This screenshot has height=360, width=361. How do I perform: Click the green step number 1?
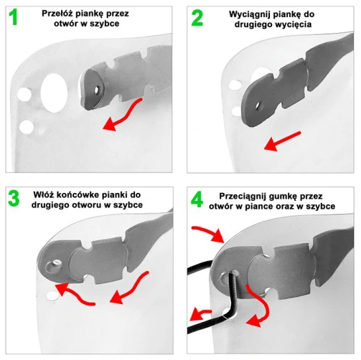tap(13, 17)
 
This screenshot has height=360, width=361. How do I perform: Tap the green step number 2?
tap(197, 18)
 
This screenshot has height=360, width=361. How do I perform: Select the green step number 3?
tap(14, 198)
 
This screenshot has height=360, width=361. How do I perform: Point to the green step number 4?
tap(197, 199)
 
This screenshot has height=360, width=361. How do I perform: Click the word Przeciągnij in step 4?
tap(243, 196)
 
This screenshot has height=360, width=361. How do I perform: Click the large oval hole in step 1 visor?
tap(54, 93)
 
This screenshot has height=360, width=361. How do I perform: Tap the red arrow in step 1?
tap(122, 115)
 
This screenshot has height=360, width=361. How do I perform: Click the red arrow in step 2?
tap(282, 141)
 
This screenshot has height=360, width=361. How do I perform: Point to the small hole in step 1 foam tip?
tap(97, 90)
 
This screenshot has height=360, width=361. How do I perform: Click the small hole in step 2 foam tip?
tap(258, 105)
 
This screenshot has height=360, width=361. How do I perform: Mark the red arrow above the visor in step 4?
tap(209, 232)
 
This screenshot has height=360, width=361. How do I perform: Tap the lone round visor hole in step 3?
tap(52, 297)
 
